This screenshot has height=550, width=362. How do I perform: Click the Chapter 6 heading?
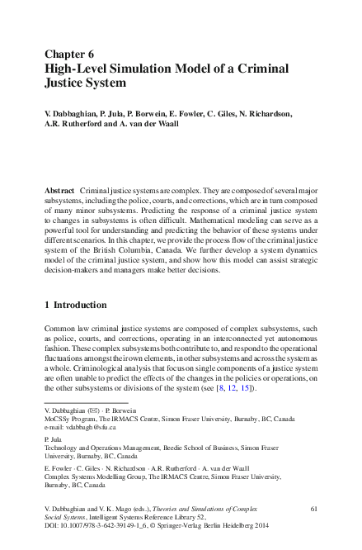coord(69,54)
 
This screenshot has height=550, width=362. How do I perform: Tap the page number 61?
coord(313,510)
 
